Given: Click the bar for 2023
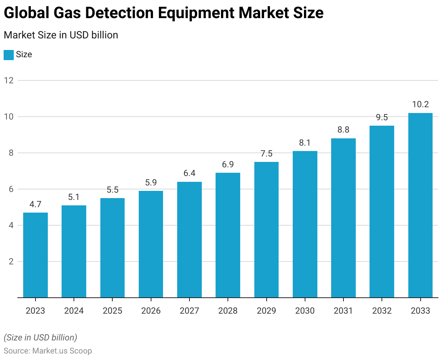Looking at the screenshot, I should [x=36, y=255].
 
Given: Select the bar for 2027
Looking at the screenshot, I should [x=189, y=240].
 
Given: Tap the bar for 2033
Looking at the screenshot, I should [x=420, y=205].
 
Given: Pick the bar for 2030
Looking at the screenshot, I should [x=305, y=224].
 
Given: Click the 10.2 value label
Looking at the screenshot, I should [x=420, y=105].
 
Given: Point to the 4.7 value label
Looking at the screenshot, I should [x=36, y=204].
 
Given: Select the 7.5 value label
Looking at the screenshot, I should [x=266, y=154].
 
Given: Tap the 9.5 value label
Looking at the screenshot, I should [x=382, y=117].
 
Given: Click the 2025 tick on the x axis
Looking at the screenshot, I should [x=112, y=311].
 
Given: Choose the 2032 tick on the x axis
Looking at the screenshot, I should [x=382, y=311].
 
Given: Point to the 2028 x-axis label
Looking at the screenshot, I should [x=228, y=311].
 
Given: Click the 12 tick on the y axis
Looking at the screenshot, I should [x=9, y=80].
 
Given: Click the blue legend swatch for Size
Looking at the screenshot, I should [x=9, y=55].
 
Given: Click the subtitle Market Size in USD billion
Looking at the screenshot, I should [x=61, y=35].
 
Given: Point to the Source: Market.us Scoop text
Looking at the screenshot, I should [x=48, y=351].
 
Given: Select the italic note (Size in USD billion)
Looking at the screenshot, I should [x=41, y=338].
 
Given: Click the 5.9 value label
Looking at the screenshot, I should [x=151, y=183].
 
